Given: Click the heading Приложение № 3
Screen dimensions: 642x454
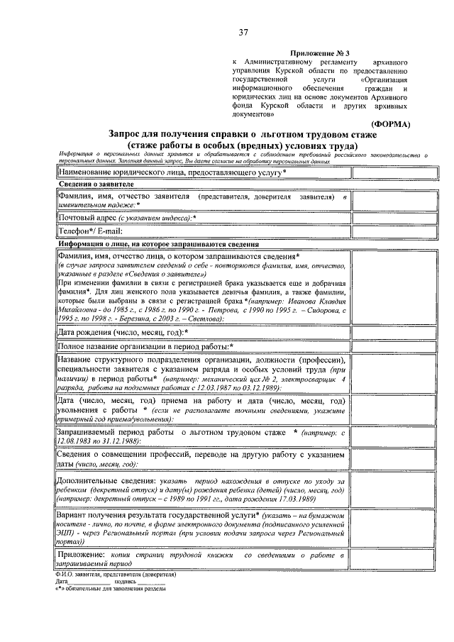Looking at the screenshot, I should point(320,53).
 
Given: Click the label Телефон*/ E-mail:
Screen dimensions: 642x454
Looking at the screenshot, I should point(91,231).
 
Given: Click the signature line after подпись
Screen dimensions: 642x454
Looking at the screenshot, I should point(151,581).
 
